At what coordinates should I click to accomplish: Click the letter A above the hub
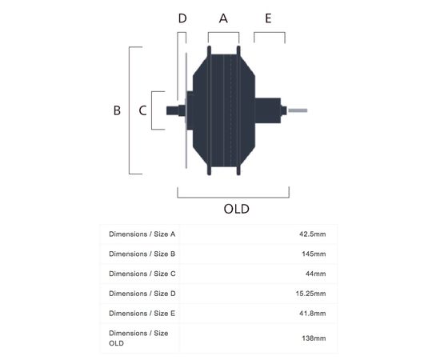coord(223,18)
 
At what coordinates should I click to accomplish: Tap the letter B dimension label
coord(117,110)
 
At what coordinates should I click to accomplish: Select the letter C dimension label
coord(142,110)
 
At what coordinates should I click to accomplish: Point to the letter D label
coord(182,18)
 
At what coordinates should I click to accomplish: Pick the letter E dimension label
coord(268,18)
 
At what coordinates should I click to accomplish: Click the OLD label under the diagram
coord(236,209)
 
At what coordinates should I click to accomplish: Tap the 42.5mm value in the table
coord(312,234)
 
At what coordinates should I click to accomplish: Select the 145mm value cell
coord(314,254)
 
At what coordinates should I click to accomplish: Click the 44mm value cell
coord(316,274)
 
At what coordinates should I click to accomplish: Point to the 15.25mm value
coord(310,294)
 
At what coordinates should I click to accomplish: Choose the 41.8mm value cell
coord(312,314)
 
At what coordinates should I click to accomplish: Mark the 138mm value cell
coord(314,338)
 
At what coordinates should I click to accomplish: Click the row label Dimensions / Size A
coord(142,234)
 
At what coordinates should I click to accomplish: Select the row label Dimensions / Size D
coord(142,294)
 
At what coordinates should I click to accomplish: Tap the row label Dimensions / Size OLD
coord(138,338)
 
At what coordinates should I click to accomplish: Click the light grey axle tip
coord(298,110)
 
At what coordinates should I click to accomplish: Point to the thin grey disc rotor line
coord(186,110)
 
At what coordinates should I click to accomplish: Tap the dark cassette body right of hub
coord(268,110)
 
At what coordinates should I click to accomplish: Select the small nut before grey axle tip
coord(284,110)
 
